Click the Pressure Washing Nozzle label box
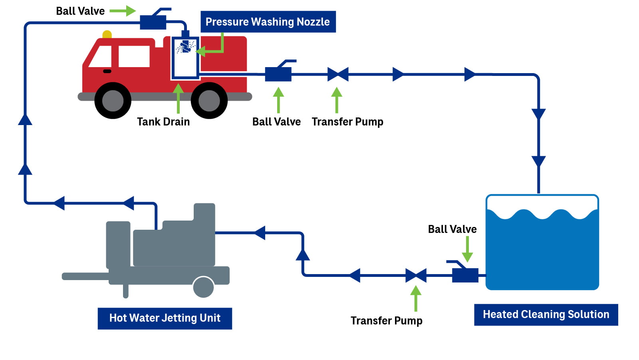coord(268,22)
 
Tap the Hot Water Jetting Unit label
coord(165,318)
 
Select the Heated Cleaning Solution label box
coord(546,314)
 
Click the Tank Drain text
coord(163,121)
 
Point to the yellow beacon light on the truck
coord(107,34)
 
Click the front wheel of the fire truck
coord(113,100)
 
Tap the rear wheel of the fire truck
coord(209,100)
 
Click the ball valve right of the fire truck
coord(278,74)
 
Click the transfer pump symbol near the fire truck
coord(337,74)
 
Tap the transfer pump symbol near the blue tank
coord(416,275)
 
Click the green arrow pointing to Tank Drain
coord(178,98)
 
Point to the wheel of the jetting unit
coord(203,287)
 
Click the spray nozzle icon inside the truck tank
coord(185,47)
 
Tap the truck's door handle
coord(107,71)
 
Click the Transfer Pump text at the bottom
coord(386,321)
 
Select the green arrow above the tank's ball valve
coord(467,249)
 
